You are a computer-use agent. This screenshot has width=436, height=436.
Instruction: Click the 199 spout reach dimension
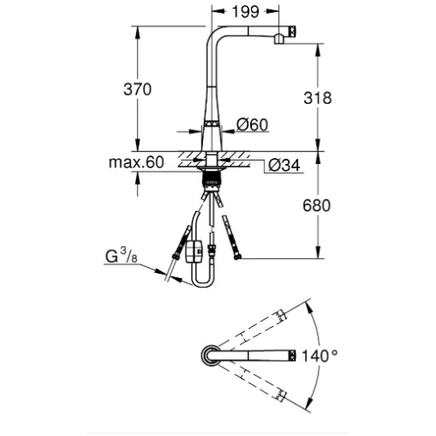246,12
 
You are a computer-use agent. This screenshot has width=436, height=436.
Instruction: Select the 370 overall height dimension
138,89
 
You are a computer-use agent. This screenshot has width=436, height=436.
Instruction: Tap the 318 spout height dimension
317,98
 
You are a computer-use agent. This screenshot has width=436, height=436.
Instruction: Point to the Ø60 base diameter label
252,125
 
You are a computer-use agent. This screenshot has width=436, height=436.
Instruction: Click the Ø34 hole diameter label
284,166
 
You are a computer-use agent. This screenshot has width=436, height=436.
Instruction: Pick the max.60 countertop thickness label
136,162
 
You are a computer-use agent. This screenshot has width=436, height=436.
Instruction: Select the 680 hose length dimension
317,206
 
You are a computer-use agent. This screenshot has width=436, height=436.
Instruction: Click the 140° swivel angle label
320,356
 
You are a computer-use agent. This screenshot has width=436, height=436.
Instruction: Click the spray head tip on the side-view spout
292,31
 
